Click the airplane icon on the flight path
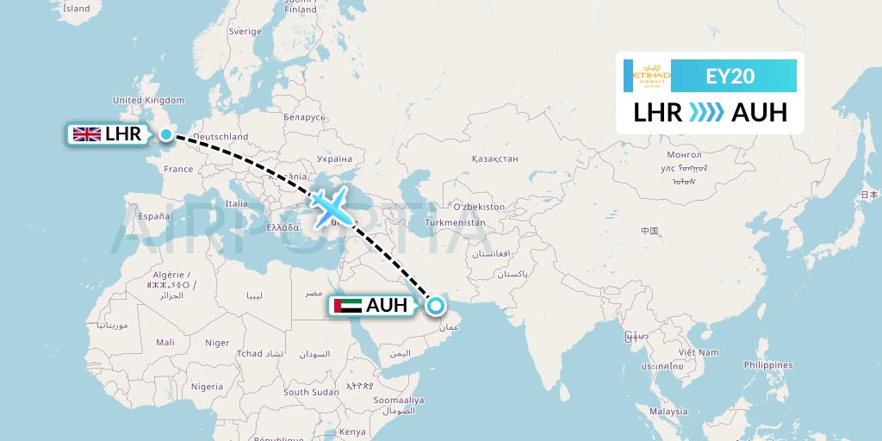pyautogui.click(x=329, y=208)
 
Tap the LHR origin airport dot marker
pyautogui.click(x=165, y=134)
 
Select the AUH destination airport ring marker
pyautogui.click(x=436, y=305)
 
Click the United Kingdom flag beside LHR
pyautogui.click(x=87, y=134)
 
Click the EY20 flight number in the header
pyautogui.click(x=730, y=76)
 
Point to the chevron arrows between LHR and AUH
pyautogui.click(x=706, y=113)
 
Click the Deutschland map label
pyautogui.click(x=220, y=136)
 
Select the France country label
pyautogui.click(x=179, y=169)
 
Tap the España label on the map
pyautogui.click(x=154, y=216)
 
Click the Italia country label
pyautogui.click(x=236, y=204)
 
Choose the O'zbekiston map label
pyautogui.click(x=479, y=208)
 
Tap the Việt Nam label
pyautogui.click(x=698, y=352)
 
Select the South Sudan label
pyautogui.click(x=311, y=392)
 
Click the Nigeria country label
pyautogui.click(x=207, y=387)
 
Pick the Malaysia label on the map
pyautogui.click(x=668, y=412)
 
